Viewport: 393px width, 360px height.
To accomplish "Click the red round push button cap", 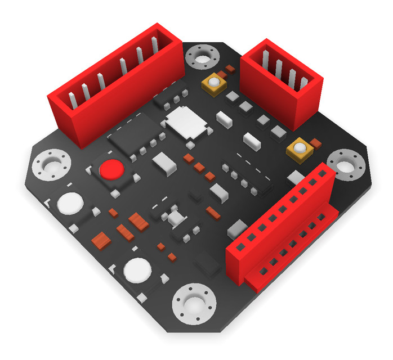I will [x=111, y=169].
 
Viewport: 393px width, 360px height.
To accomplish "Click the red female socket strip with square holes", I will [x=282, y=231].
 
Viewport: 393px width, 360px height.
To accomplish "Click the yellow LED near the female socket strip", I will [x=300, y=148].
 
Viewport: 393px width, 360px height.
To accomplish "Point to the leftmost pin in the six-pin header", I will [x=72, y=101].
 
